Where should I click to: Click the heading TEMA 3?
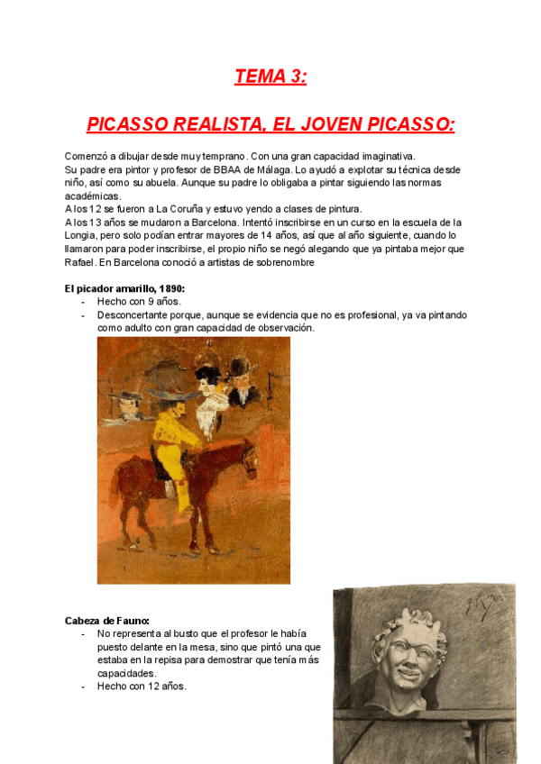270,77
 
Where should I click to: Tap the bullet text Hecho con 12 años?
142,686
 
